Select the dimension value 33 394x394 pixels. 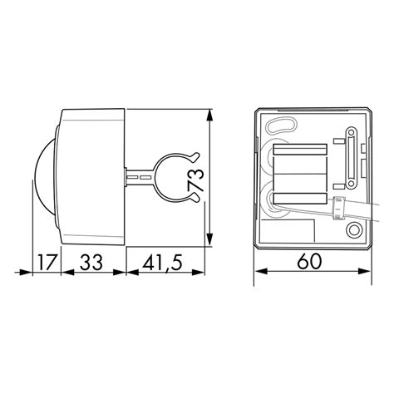tap(91, 262)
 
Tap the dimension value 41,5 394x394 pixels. tap(163, 263)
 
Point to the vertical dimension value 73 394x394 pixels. tap(196, 180)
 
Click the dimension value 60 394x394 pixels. tap(309, 261)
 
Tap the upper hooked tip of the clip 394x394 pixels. tap(196, 155)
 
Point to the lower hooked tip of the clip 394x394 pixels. tap(196, 199)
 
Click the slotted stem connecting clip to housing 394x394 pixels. tap(139, 177)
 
